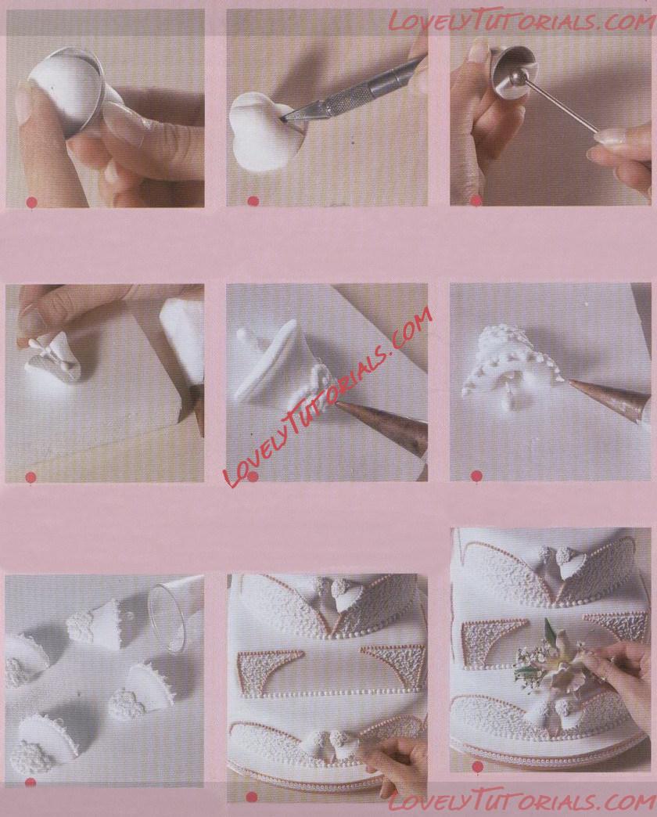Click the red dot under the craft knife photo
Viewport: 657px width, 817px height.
253,201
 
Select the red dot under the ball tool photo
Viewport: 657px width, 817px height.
476,200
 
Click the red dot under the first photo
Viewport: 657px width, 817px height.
31,202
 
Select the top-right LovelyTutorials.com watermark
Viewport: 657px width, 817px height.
522,22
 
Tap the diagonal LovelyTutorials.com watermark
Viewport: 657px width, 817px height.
328,396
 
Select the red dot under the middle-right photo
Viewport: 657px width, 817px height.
476,476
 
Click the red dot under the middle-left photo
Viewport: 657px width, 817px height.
31,477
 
